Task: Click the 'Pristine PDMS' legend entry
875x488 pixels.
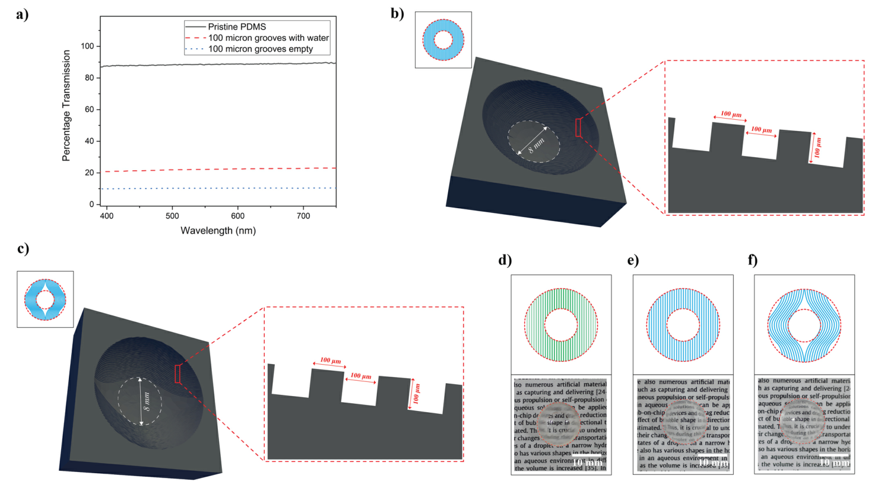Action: [x=236, y=27]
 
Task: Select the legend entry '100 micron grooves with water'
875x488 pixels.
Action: [x=268, y=38]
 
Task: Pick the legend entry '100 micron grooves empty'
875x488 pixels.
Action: [x=260, y=49]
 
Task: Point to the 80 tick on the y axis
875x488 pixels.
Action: [x=88, y=78]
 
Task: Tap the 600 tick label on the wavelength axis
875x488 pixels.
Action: [x=237, y=216]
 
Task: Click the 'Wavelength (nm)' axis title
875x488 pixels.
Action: [x=218, y=230]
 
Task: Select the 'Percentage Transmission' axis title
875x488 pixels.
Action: [x=66, y=106]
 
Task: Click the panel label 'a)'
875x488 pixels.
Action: [x=23, y=14]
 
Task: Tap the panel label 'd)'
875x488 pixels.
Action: [x=505, y=260]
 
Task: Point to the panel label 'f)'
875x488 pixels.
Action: [x=753, y=260]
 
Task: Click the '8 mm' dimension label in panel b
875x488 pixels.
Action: [x=535, y=145]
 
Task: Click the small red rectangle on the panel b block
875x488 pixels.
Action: [x=578, y=127]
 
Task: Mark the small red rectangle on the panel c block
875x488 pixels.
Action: [x=177, y=374]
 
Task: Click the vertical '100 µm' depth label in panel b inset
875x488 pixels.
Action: [x=817, y=147]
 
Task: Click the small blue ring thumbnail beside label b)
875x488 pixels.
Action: [x=443, y=40]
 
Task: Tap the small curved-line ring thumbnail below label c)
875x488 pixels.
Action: [x=45, y=299]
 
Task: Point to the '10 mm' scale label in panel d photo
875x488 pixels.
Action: [x=586, y=463]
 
